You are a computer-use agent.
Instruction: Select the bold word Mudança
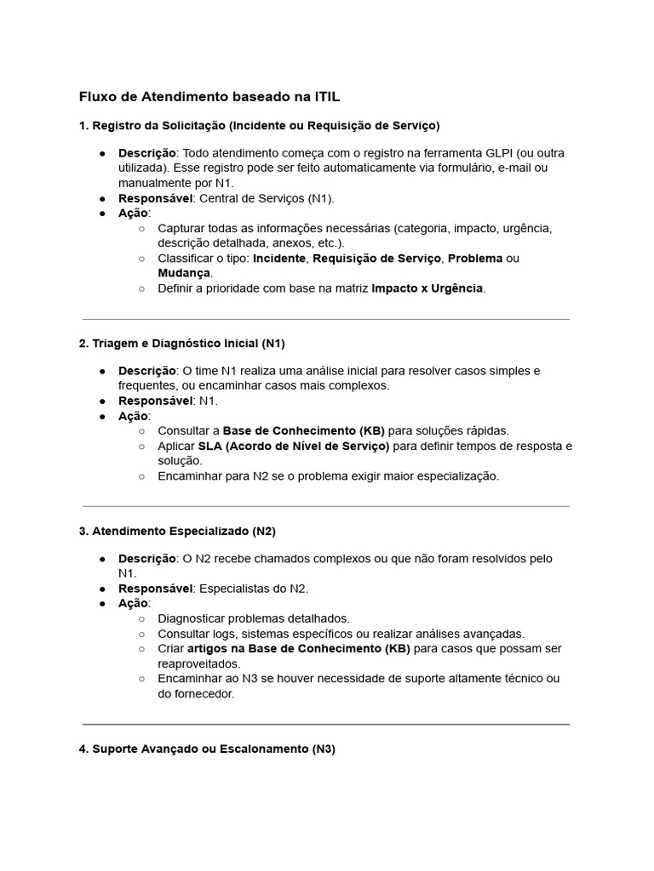pos(184,273)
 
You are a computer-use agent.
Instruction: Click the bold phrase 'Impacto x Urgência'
pos(427,288)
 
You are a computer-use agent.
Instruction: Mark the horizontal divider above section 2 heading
pos(326,320)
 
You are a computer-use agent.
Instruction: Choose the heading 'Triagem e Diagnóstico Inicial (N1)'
pos(187,344)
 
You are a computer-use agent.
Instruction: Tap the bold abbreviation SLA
pos(209,446)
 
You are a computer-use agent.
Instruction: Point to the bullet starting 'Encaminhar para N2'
pos(328,476)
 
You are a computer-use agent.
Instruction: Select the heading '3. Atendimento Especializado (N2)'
pos(177,531)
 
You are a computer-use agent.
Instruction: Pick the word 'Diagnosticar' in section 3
pos(192,618)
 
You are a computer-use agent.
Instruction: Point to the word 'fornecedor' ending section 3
pos(204,693)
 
